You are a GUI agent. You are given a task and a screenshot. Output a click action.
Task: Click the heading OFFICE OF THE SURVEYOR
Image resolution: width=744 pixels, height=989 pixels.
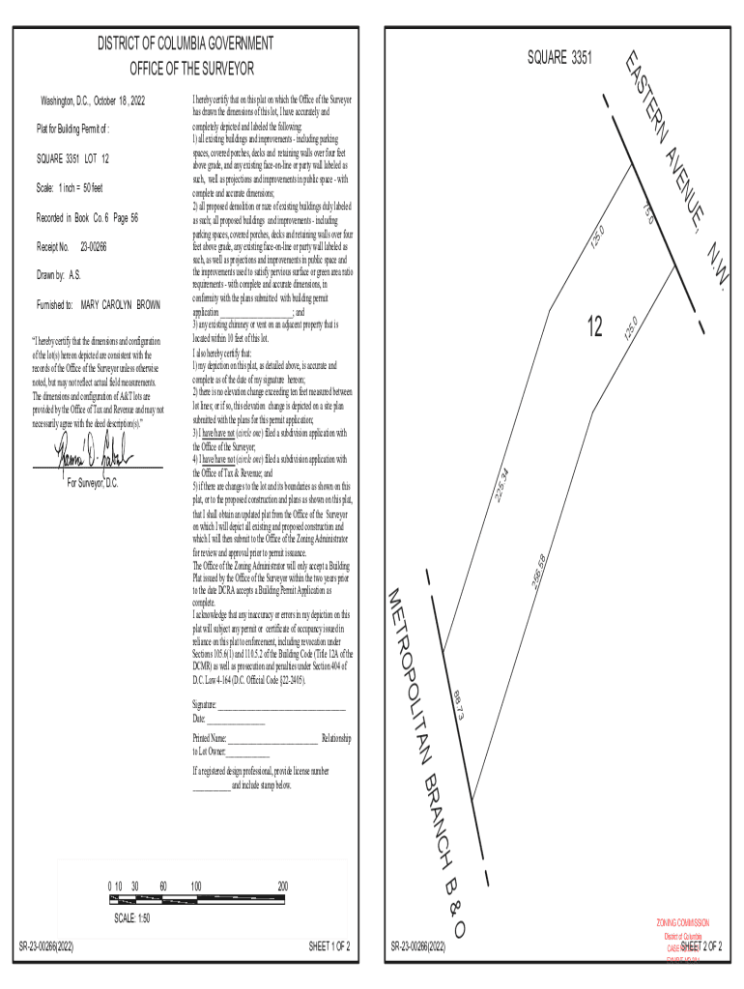click(192, 69)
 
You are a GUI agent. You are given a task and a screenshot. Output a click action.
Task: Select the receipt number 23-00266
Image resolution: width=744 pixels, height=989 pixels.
click(93, 247)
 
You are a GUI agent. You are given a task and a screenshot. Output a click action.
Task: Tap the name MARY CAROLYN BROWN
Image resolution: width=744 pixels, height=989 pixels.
click(121, 304)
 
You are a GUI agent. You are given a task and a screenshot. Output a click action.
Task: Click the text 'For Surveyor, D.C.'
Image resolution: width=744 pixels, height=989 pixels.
click(93, 483)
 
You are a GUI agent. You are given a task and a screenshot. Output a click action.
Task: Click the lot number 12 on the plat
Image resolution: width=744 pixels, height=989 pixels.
click(594, 327)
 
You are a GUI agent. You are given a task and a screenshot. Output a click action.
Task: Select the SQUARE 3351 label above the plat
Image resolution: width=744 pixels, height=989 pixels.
click(559, 59)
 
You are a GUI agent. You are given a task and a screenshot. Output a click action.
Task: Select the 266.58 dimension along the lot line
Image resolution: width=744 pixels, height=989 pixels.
click(538, 573)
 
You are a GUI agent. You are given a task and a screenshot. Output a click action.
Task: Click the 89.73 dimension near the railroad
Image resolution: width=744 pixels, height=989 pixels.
click(460, 703)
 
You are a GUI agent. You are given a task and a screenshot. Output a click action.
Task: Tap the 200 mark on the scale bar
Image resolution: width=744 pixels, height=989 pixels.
click(282, 886)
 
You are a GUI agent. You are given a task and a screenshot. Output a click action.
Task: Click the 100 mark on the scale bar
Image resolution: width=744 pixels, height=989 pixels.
click(196, 886)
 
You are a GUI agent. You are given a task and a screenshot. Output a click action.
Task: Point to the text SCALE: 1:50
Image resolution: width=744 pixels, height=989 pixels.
click(132, 918)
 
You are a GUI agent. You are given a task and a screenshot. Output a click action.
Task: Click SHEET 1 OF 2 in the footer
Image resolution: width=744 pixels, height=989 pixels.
click(329, 946)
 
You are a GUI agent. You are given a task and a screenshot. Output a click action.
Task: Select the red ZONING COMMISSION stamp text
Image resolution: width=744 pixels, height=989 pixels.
click(683, 923)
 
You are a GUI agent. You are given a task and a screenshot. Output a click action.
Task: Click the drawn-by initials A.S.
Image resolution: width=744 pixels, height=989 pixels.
click(74, 275)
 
